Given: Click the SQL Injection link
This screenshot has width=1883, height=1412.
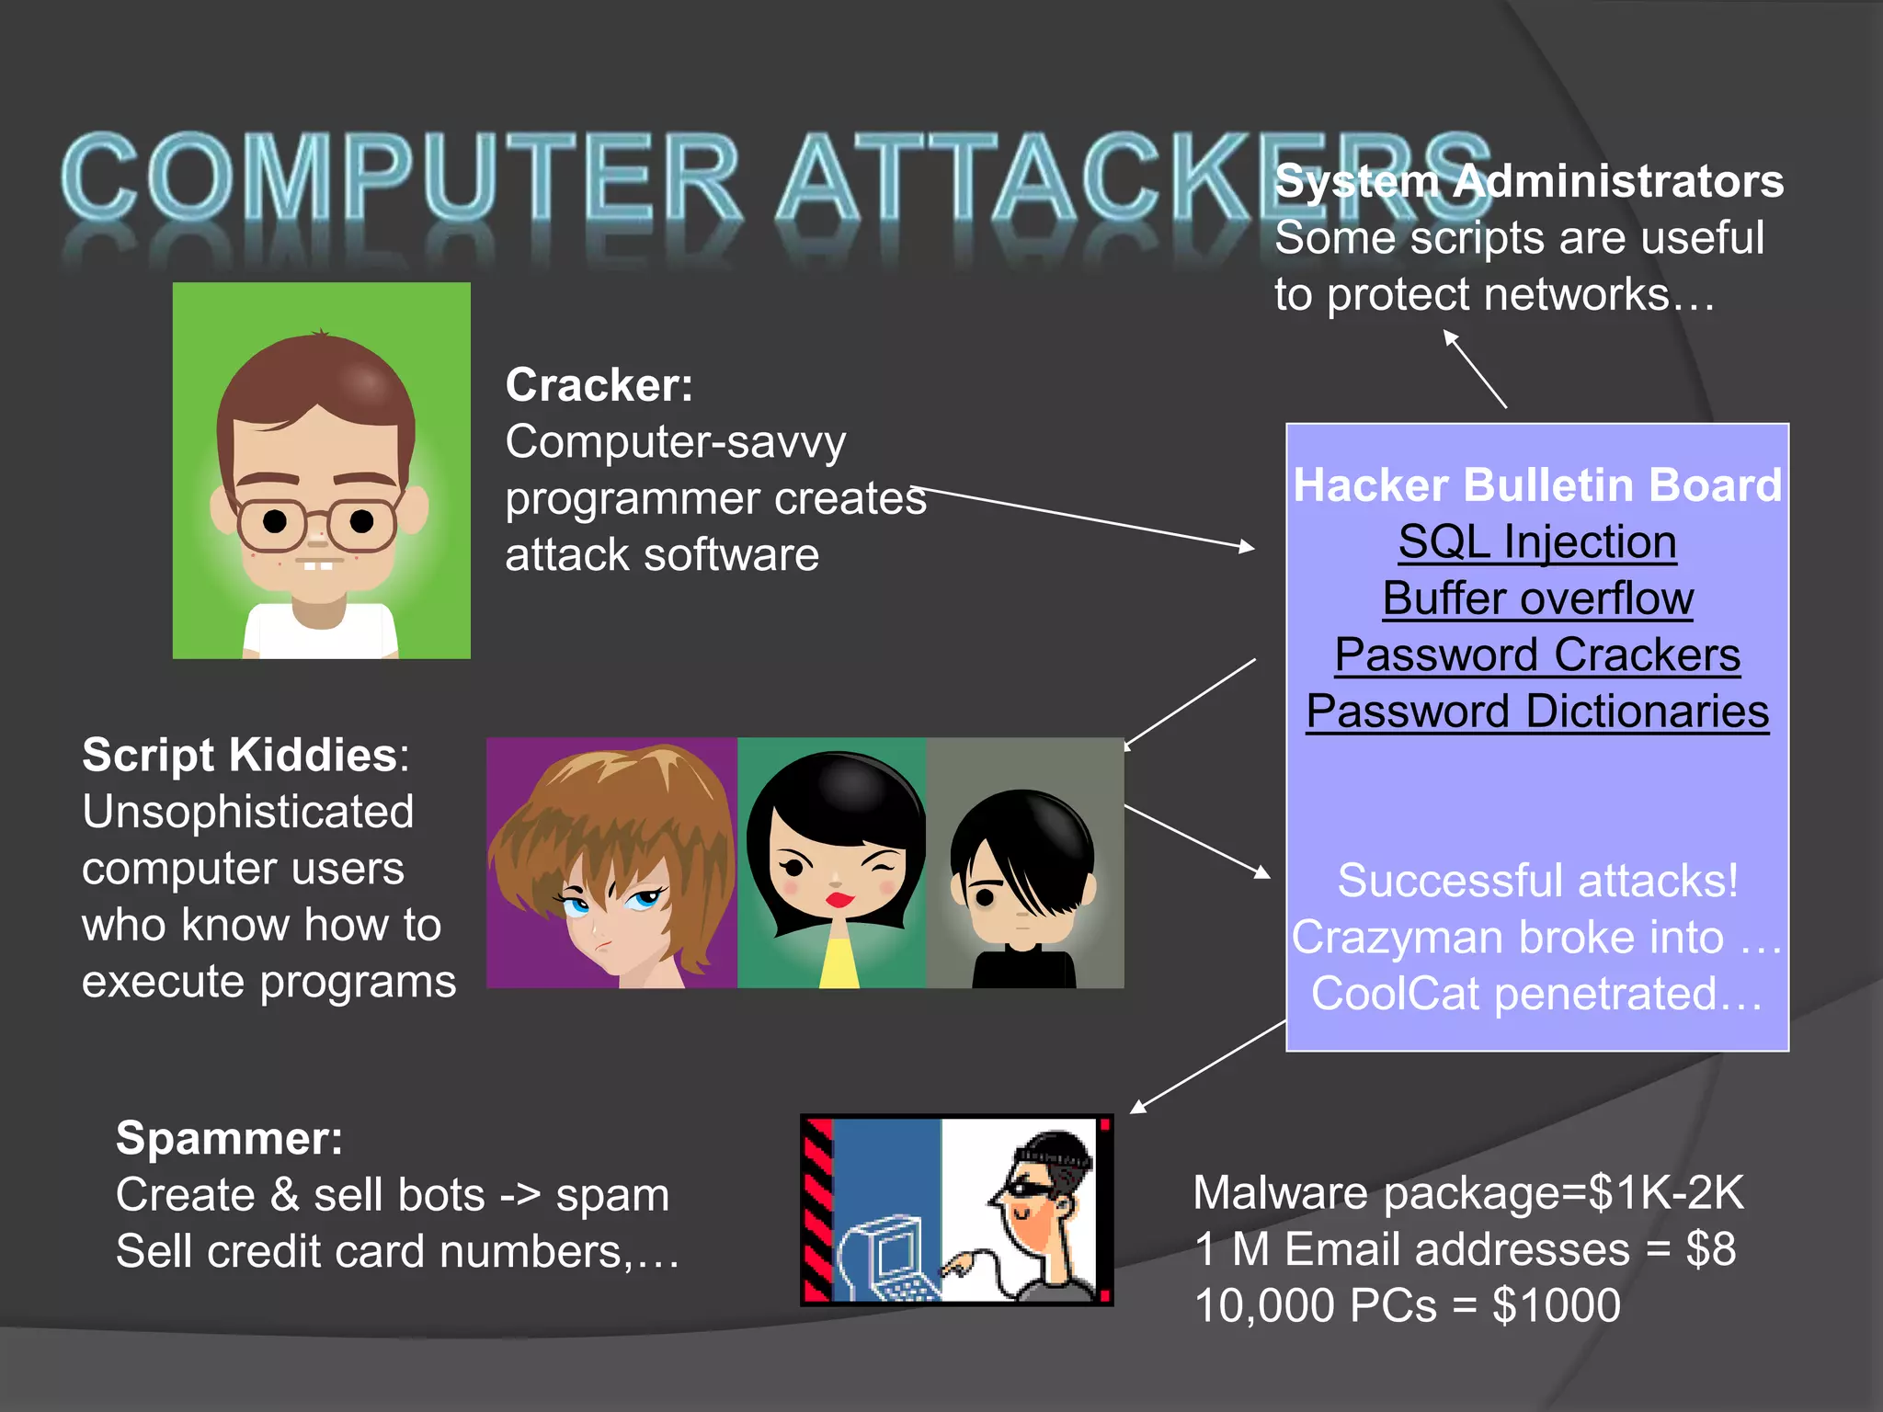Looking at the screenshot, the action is pos(1537,542).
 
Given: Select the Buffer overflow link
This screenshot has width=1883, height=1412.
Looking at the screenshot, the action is pos(1537,599).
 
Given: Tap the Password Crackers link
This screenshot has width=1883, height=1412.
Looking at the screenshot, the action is pos(1537,655).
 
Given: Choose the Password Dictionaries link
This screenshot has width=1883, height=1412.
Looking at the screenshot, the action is pos(1537,712).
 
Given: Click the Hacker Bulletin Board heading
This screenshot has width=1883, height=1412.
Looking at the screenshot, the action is pos(1537,485).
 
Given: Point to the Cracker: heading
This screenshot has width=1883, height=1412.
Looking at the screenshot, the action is pos(599,385).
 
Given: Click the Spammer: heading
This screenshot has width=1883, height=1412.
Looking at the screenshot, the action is pos(229,1138).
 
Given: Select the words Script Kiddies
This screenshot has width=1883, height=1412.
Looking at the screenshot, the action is pos(239,756).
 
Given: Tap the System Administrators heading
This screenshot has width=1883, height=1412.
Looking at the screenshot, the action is pos(1529,181).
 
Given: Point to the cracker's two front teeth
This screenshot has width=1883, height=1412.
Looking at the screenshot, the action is pos(318,565).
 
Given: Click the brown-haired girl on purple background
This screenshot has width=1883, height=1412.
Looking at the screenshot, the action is pos(611,864).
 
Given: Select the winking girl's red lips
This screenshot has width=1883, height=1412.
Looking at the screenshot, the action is pos(839,898).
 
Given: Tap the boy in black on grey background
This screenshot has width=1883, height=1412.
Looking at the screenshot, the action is pos(1023,882).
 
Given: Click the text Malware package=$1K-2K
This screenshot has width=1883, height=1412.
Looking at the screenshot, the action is pos(1467,1193).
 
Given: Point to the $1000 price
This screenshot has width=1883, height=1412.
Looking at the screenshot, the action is pos(1556,1306).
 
